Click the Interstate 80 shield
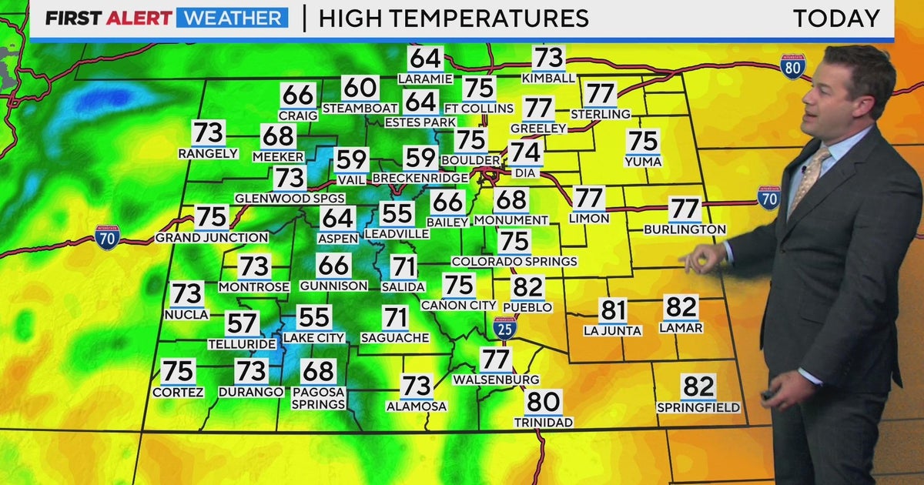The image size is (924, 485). point(792,67)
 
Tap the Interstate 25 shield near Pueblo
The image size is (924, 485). point(505,327)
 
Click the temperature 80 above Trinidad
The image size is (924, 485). point(544,402)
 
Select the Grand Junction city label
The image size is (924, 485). point(212,238)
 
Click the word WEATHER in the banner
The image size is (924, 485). point(232,18)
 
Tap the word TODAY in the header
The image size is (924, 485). point(836,18)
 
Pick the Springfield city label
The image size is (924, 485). point(698,407)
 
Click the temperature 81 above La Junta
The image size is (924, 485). point(613,311)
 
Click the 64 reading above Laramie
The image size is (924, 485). point(426,59)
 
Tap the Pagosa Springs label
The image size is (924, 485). point(318,398)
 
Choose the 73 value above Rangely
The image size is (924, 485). point(209,132)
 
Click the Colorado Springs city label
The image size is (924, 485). point(514,262)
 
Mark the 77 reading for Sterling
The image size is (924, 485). point(599,94)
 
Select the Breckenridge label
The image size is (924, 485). point(420,178)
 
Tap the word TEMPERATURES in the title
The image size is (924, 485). point(454,18)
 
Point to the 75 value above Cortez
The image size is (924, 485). point(178,371)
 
